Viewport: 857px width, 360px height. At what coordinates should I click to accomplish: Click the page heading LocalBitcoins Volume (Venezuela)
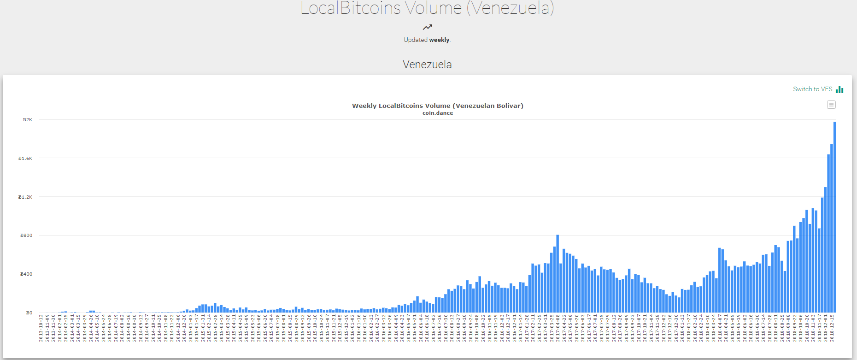tap(427, 8)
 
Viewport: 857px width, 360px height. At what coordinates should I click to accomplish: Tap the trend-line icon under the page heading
tap(428, 27)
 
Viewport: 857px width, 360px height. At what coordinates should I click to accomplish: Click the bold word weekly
tap(439, 40)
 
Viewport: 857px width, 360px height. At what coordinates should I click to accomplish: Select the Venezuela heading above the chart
tap(427, 65)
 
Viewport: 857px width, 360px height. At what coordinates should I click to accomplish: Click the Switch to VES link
tap(812, 89)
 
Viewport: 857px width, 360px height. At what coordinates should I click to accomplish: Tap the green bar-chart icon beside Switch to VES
tap(839, 89)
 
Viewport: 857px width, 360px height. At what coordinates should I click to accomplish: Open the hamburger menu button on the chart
tap(831, 105)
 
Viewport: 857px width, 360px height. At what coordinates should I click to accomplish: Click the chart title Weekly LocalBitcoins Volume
tap(437, 106)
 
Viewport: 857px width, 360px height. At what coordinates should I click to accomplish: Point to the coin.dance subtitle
tap(437, 113)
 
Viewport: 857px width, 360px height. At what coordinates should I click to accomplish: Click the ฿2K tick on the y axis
tap(28, 120)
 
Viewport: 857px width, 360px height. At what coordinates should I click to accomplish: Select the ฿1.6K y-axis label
tap(25, 159)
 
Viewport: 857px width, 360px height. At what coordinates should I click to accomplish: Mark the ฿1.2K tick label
tap(25, 197)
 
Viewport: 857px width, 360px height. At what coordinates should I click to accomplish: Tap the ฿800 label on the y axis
tap(26, 236)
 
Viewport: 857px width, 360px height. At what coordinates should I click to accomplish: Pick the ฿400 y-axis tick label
tap(26, 274)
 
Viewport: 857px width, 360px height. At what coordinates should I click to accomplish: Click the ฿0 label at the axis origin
tap(29, 313)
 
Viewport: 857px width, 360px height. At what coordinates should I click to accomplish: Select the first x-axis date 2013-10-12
tap(41, 328)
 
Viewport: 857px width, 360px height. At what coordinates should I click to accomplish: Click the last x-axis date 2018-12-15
tap(832, 328)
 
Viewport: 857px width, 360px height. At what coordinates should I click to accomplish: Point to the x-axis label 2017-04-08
tap(558, 328)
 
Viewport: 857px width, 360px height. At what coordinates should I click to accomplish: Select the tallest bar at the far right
tap(834, 217)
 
